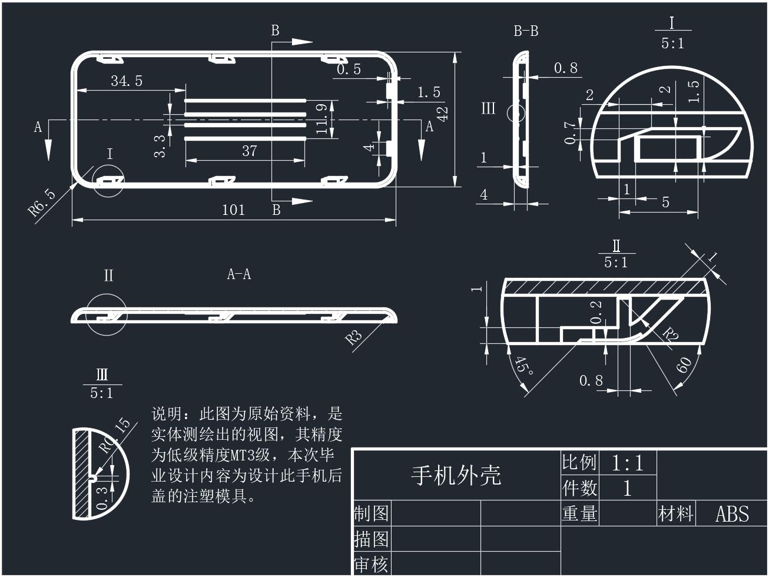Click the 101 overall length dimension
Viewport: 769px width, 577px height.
point(233,210)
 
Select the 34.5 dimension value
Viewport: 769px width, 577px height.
point(127,81)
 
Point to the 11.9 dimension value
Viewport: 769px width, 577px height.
point(321,118)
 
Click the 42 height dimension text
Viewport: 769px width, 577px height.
point(443,112)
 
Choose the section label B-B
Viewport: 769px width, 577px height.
point(526,31)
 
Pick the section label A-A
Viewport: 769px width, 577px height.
point(239,274)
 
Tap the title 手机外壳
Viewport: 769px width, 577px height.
point(456,475)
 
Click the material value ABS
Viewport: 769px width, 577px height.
point(732,514)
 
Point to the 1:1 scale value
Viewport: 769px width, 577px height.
point(628,463)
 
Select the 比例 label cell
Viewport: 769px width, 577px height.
point(580,463)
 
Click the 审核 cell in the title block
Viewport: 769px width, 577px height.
point(371,565)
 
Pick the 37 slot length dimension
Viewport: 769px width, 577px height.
point(250,151)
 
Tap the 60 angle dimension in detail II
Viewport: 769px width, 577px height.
point(684,366)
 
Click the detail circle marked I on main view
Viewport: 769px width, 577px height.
point(109,181)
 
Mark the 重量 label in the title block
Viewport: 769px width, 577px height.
point(580,513)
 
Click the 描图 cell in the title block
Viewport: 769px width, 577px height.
point(371,539)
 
